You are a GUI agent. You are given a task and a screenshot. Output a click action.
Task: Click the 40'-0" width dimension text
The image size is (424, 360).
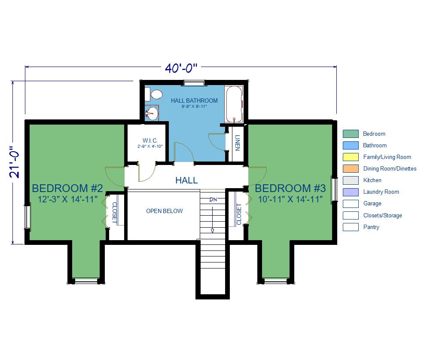click(x=181, y=68)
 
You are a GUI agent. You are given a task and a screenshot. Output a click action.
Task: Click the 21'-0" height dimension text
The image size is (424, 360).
click(x=15, y=162)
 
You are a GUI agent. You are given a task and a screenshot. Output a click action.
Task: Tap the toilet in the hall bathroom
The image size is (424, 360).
click(x=154, y=95)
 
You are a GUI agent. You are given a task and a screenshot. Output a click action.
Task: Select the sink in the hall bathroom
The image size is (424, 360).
click(x=152, y=113)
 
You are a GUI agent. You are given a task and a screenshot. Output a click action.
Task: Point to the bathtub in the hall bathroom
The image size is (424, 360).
click(x=234, y=104)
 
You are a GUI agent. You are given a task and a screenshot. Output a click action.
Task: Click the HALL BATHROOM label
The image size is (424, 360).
click(x=194, y=101)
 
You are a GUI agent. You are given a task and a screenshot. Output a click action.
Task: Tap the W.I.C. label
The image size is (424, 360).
click(x=150, y=140)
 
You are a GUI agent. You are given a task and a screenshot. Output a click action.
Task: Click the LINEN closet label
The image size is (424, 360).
click(x=238, y=143)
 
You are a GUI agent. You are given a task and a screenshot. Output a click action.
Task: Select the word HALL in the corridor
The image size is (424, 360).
click(x=186, y=180)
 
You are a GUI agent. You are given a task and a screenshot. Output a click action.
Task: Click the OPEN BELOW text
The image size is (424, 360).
click(x=165, y=211)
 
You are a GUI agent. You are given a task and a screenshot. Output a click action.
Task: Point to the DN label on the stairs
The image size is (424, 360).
click(x=213, y=200)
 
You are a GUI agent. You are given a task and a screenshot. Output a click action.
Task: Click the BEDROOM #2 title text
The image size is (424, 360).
click(x=67, y=188)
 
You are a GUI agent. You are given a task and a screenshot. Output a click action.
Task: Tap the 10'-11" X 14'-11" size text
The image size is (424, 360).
click(x=290, y=199)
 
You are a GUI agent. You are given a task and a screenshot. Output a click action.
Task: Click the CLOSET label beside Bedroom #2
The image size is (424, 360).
click(x=114, y=213)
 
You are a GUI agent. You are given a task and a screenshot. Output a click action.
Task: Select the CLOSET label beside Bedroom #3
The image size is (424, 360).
click(x=239, y=214)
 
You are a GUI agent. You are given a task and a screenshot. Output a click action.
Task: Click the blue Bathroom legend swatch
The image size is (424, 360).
click(x=351, y=146)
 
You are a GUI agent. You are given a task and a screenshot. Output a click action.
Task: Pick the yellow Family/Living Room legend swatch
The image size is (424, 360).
click(x=351, y=157)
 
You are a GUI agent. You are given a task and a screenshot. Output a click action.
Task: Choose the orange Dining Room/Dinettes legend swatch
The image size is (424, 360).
click(x=351, y=169)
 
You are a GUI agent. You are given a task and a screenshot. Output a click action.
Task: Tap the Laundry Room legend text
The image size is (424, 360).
click(x=381, y=192)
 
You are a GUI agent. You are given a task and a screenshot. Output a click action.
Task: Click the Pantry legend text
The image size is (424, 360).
click(x=371, y=227)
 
